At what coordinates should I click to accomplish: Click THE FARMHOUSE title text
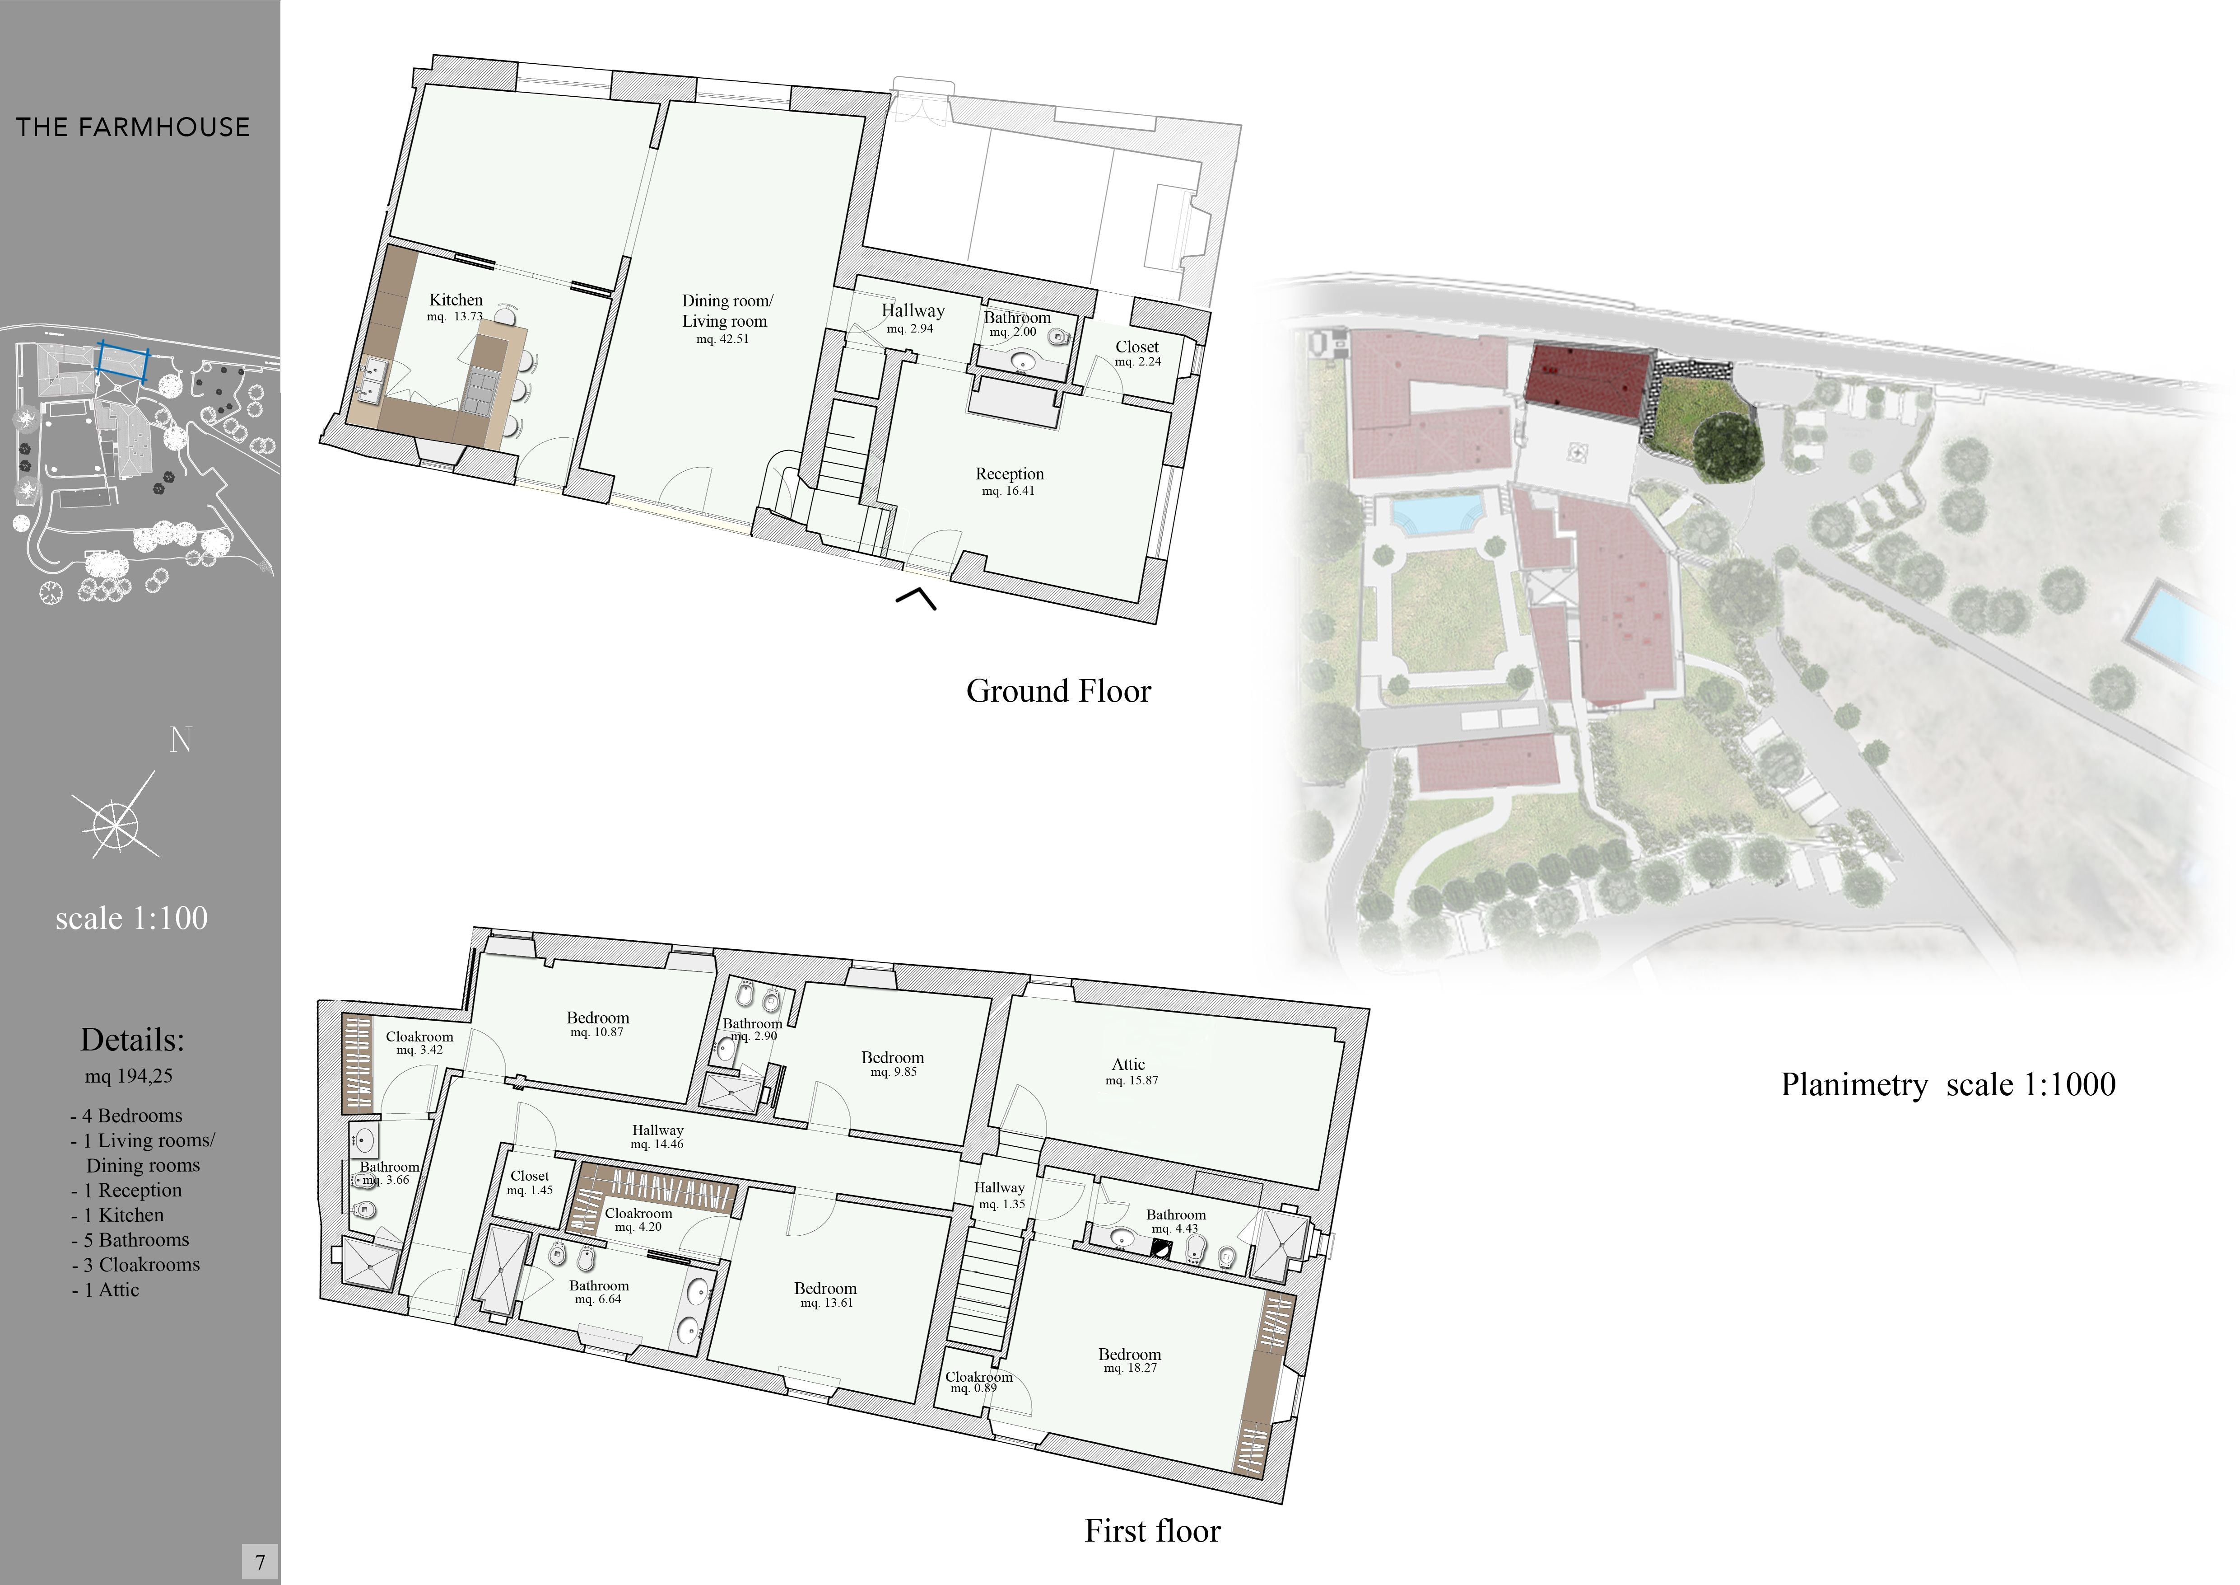133,127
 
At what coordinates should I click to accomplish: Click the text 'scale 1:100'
132,919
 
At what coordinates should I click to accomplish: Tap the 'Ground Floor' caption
1058,691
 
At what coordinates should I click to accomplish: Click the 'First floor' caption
1152,1530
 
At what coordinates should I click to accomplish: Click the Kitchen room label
456,300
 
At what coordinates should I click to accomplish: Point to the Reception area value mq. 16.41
1009,491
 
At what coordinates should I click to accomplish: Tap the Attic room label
1129,1065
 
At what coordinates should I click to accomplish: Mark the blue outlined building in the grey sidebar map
122,359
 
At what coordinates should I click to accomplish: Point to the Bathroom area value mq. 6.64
598,1299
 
